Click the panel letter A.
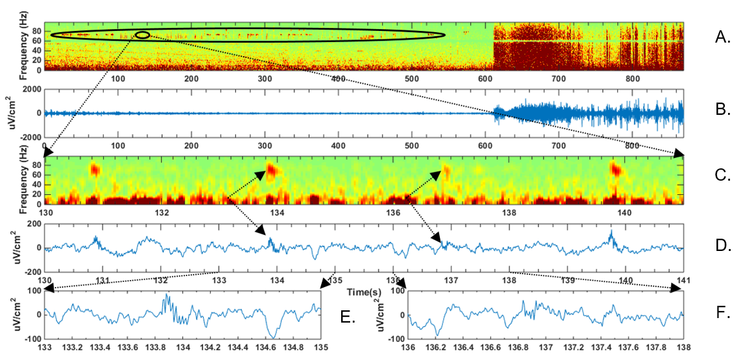[x=722, y=37]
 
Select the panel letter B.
[x=722, y=110]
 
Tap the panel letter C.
[x=722, y=175]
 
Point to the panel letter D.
[x=722, y=245]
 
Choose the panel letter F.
[x=722, y=314]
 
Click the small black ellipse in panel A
[x=143, y=35]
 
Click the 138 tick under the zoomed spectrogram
[x=508, y=213]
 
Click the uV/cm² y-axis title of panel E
[x=8, y=314]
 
